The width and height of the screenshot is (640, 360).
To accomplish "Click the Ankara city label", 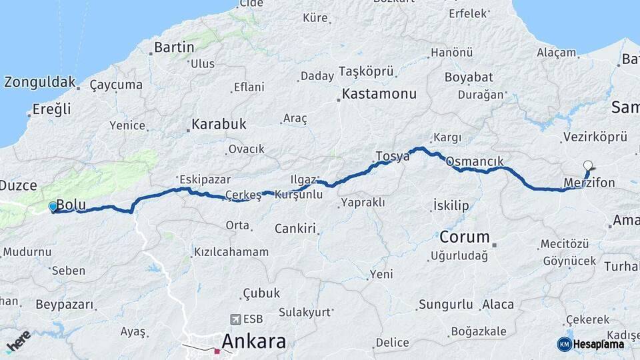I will click(253, 341).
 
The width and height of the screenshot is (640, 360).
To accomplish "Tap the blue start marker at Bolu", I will click(53, 207).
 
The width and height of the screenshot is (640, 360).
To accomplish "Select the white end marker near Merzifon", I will click(587, 165).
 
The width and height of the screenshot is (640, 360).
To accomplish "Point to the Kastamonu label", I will click(379, 93).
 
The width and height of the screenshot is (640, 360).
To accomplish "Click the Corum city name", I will click(465, 237).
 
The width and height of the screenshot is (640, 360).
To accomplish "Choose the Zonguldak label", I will click(40, 83).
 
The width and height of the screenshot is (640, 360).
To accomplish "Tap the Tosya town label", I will click(392, 157).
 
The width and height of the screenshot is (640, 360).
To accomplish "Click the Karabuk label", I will click(219, 124).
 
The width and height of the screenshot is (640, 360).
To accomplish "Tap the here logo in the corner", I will click(18, 341).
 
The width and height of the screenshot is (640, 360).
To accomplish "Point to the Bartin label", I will click(174, 47).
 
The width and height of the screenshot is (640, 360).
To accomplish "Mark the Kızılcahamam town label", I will click(231, 252).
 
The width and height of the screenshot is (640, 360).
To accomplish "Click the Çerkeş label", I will click(243, 195).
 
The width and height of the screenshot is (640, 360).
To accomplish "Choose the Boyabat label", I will click(469, 77).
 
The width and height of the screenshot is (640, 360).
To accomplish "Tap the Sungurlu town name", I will click(445, 305).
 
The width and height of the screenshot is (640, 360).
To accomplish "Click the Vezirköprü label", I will click(595, 137).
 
